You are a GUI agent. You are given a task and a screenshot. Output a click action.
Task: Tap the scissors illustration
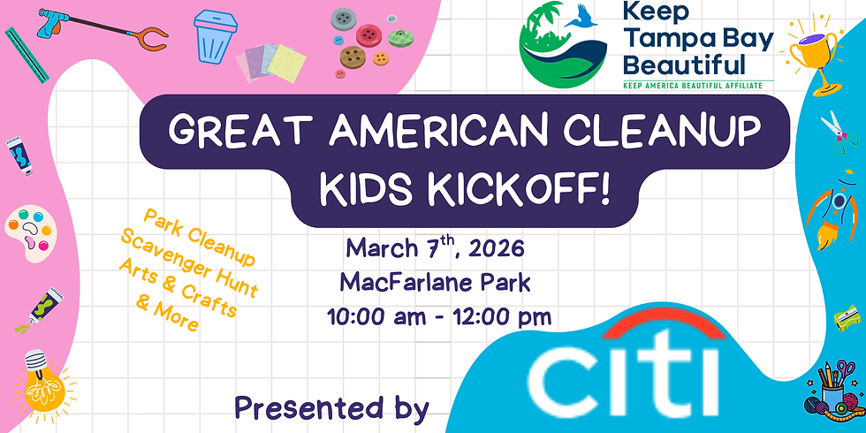tap(835, 131)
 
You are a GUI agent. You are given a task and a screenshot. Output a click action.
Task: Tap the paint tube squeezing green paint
tap(42, 307)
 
